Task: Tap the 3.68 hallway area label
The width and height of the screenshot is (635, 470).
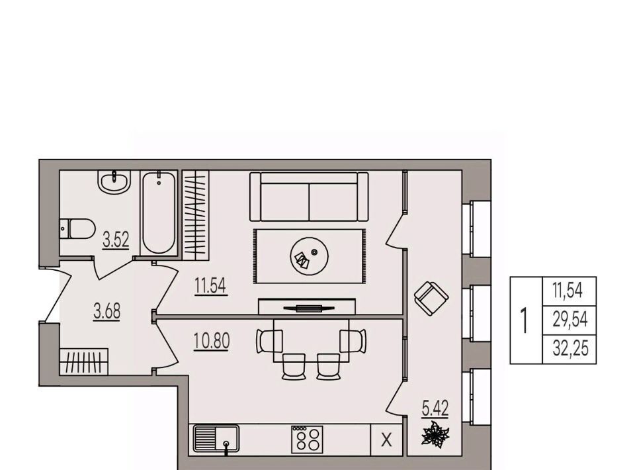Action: (x=107, y=312)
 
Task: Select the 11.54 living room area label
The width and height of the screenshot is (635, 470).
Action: (x=210, y=286)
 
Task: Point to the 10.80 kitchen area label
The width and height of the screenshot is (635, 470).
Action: (x=212, y=341)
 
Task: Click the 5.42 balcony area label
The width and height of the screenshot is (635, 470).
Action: (x=435, y=408)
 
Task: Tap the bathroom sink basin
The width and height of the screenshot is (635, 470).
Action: (x=114, y=182)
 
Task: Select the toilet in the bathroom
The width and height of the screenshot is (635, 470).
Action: (x=77, y=229)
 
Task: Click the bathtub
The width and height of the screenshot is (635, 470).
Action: (x=159, y=213)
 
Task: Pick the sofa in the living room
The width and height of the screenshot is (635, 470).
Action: (x=309, y=197)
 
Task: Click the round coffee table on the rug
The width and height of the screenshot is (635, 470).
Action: (x=310, y=256)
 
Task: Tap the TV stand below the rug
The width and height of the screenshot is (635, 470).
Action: (x=307, y=306)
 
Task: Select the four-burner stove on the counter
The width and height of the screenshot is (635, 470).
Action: (x=308, y=439)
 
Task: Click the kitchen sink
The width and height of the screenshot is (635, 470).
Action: (x=216, y=439)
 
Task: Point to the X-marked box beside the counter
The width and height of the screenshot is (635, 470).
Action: (x=387, y=440)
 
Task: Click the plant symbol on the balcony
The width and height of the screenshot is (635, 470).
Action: (x=435, y=435)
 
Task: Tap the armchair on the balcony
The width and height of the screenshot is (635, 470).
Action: (x=431, y=298)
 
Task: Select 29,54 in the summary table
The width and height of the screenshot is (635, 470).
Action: (x=570, y=320)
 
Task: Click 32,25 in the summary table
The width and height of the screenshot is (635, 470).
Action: (x=570, y=348)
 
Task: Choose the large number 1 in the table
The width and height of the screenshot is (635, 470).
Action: (x=525, y=320)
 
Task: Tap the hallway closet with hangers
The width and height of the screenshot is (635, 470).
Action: (x=84, y=361)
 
